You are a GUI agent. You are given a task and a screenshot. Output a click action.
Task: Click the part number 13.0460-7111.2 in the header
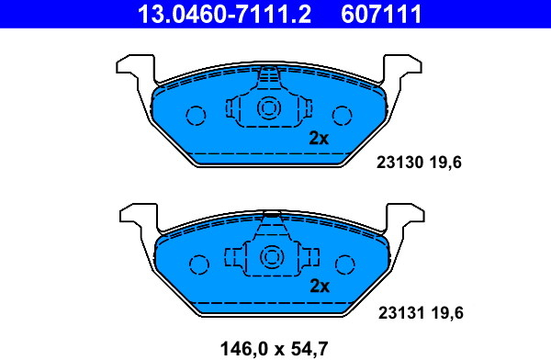pos(224,14)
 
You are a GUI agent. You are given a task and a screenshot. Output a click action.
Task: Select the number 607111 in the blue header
pos(381,14)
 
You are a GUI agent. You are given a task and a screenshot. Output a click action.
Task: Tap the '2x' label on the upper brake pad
pos(319,138)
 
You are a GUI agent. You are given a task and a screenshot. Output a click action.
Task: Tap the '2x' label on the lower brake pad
pos(320,287)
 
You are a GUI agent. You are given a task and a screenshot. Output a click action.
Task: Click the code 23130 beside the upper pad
pos(399,163)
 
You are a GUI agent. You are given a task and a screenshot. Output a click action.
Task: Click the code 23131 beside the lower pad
pos(401,312)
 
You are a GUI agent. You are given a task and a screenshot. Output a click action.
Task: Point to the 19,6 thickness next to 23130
pos(444,163)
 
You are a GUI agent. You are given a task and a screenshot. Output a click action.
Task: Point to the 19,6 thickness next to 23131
pos(447,312)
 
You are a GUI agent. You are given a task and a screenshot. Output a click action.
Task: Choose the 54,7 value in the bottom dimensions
pos(309,349)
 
